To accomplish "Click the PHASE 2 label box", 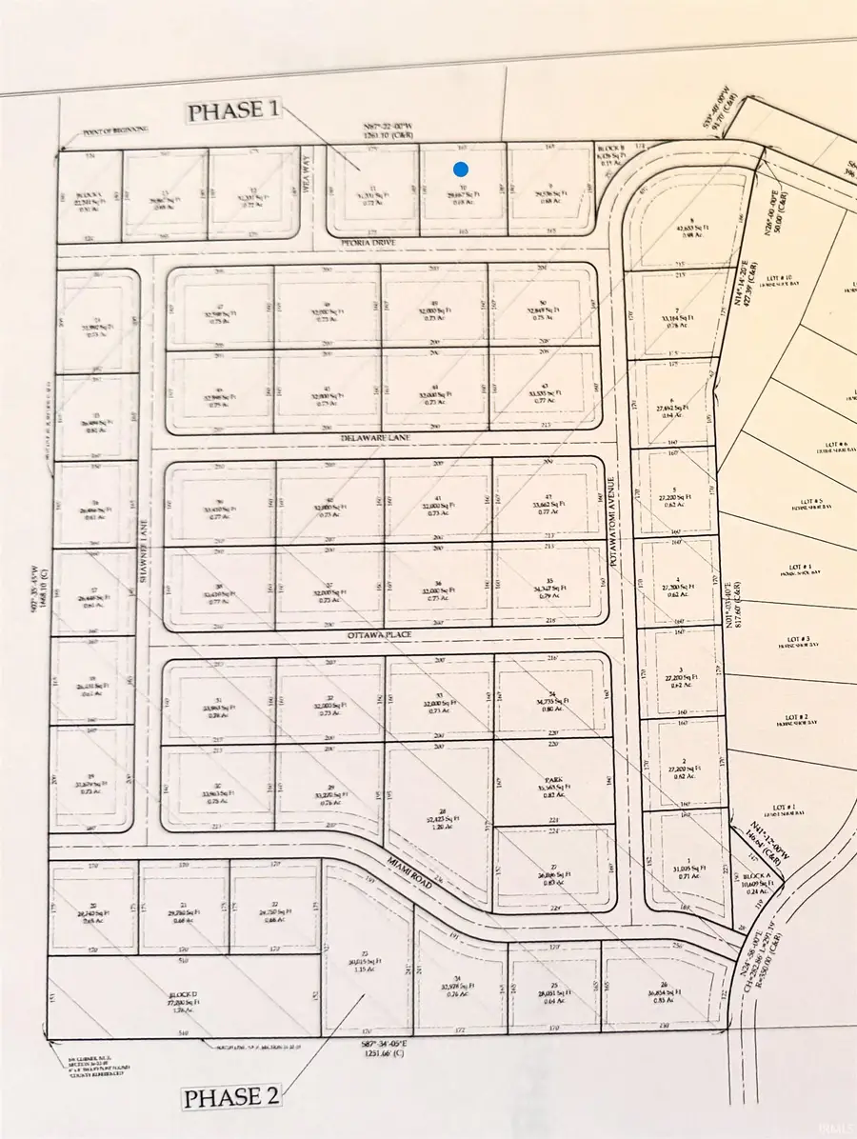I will tap(231, 1096).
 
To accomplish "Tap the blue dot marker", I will tap(460, 170).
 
